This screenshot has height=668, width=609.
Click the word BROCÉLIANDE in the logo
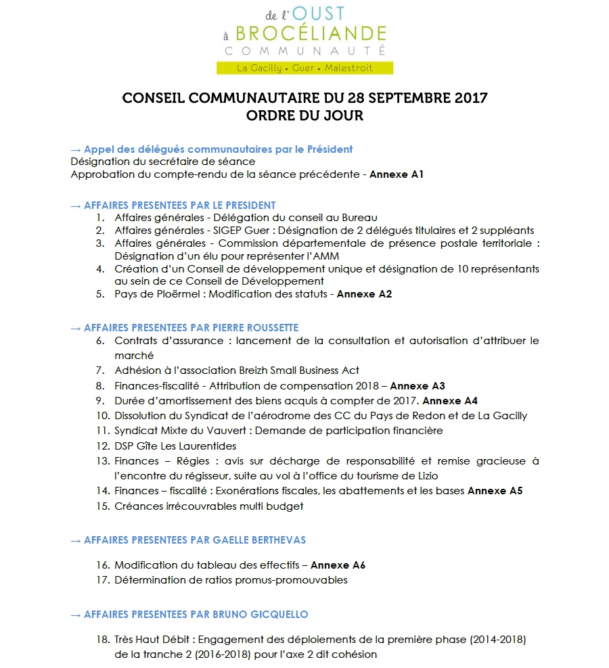312,33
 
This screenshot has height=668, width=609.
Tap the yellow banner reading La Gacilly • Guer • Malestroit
304,68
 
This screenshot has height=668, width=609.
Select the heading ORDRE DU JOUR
304,116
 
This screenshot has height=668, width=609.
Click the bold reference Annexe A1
397,174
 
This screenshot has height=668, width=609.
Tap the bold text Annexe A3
418,386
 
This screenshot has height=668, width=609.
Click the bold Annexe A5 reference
495,491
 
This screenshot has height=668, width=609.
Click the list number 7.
99,371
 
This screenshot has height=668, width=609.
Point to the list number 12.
102,446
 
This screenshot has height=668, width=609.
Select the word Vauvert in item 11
214,431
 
